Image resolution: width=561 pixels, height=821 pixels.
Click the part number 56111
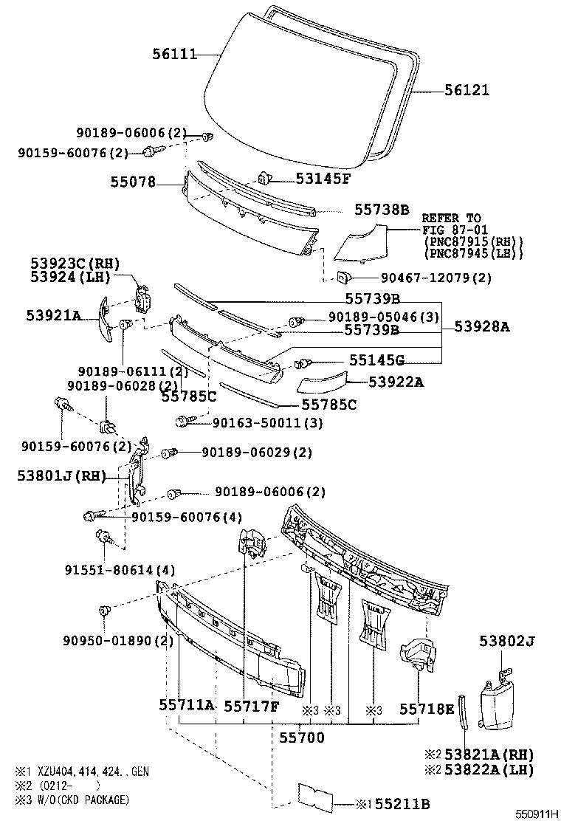coord(175,54)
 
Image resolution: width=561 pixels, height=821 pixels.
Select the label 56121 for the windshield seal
coord(467,90)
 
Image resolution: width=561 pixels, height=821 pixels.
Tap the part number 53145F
coord(324,178)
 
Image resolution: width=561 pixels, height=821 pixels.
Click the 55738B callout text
coord(381,210)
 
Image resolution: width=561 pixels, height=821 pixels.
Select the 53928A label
coord(481,326)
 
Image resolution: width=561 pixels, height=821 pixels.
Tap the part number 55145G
coord(376,360)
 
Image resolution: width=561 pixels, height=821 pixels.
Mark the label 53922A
coord(396,382)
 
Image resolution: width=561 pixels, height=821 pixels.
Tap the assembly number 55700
coord(300,737)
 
